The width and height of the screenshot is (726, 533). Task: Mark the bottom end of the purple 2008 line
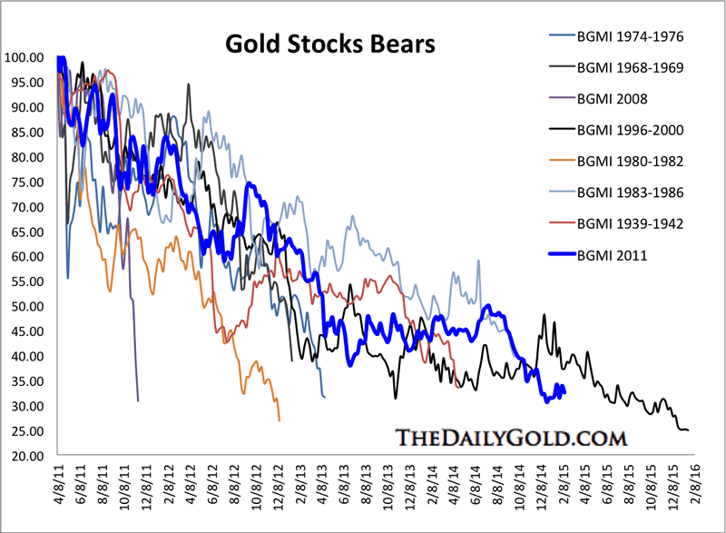[138, 400]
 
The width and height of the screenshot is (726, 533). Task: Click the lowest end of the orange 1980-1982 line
[280, 420]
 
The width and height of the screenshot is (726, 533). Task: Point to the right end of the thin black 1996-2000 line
[689, 430]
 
